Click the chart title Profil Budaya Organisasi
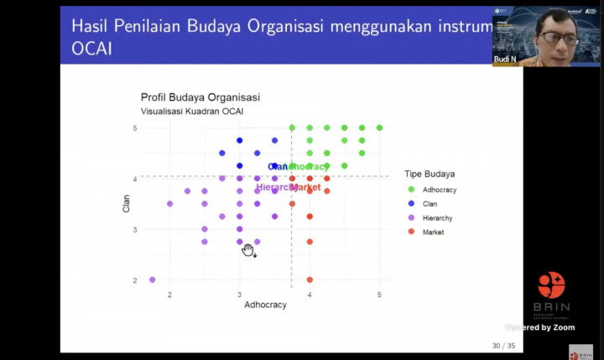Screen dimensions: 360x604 point(200,97)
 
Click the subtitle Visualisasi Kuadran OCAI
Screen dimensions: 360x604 point(192,112)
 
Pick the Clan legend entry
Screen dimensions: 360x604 point(430,204)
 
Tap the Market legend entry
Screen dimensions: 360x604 point(433,232)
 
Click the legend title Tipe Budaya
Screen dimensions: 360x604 point(430,174)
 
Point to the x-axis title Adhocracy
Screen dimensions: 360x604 point(265,305)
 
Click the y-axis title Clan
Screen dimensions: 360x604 point(127,203)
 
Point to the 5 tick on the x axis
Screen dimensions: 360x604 point(379,295)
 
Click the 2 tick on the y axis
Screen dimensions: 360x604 point(134,280)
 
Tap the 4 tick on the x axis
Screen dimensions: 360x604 point(310,295)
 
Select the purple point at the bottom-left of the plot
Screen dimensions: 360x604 point(153,279)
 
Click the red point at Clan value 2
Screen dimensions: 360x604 point(310,279)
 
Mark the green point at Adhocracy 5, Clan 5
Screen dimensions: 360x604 point(379,128)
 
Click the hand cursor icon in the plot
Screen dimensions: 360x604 point(248,250)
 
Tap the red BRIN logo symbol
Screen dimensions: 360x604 point(551,285)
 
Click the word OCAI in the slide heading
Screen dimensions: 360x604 point(91,50)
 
